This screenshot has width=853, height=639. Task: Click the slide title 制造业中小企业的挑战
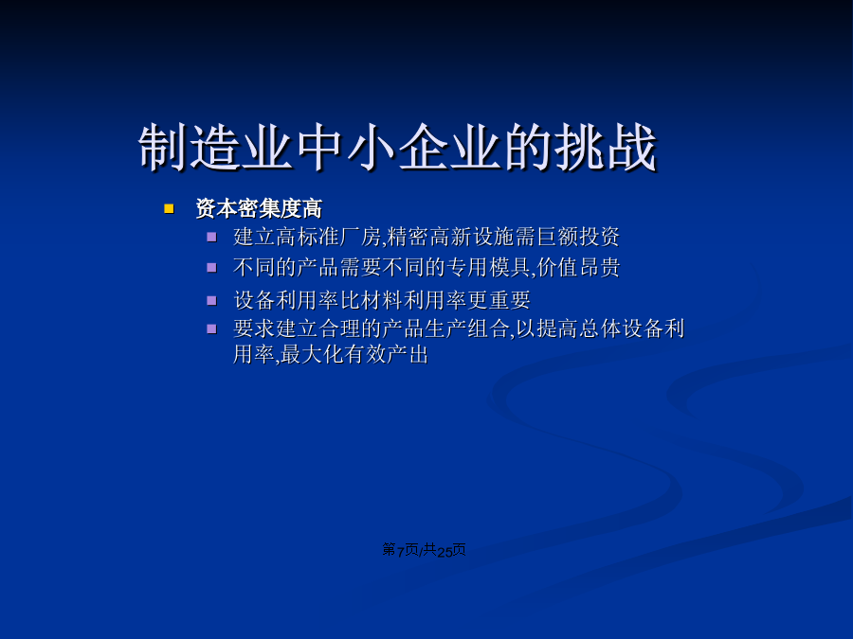click(398, 147)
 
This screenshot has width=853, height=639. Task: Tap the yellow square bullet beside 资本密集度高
click(169, 208)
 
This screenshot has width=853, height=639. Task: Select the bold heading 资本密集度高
click(259, 208)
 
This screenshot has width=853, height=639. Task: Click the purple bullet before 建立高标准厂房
click(211, 237)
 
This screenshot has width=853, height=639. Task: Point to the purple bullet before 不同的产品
click(211, 267)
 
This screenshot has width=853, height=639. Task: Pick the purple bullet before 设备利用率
click(211, 300)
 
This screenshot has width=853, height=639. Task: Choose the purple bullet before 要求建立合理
click(211, 328)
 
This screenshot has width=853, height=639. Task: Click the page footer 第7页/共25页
click(424, 550)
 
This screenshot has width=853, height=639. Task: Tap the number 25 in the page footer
click(445, 552)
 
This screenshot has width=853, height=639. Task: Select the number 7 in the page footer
click(400, 552)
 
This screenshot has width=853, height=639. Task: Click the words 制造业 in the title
click(215, 147)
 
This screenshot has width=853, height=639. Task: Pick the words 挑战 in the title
click(606, 147)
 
